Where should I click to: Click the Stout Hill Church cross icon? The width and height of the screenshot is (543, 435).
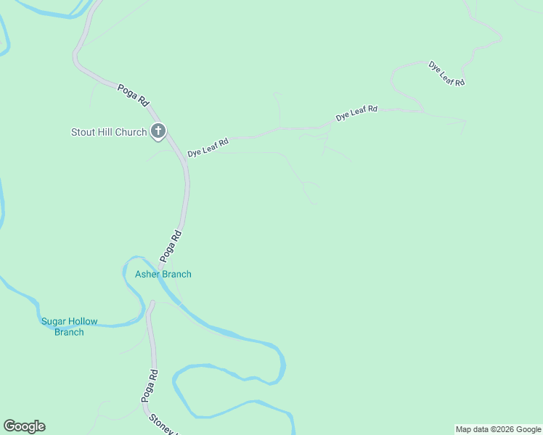(158, 131)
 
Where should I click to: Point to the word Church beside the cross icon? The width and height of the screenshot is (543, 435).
(131, 133)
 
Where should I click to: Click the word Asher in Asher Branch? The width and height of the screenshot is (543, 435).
(147, 274)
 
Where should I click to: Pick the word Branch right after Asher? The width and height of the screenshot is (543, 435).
(176, 274)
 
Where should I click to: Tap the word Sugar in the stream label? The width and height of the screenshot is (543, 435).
(53, 322)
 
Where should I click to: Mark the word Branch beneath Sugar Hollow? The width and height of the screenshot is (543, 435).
(69, 333)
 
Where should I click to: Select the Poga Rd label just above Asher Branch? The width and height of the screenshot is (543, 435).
(171, 246)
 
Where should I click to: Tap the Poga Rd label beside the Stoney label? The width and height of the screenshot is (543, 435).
(150, 386)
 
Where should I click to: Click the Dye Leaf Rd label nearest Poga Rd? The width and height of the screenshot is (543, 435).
(208, 148)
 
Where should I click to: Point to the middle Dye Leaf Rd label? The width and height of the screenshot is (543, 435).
(356, 113)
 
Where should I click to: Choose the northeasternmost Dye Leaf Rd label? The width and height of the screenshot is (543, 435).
(446, 74)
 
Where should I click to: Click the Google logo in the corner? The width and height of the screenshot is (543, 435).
(24, 426)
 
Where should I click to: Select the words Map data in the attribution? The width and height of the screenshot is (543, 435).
(472, 429)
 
